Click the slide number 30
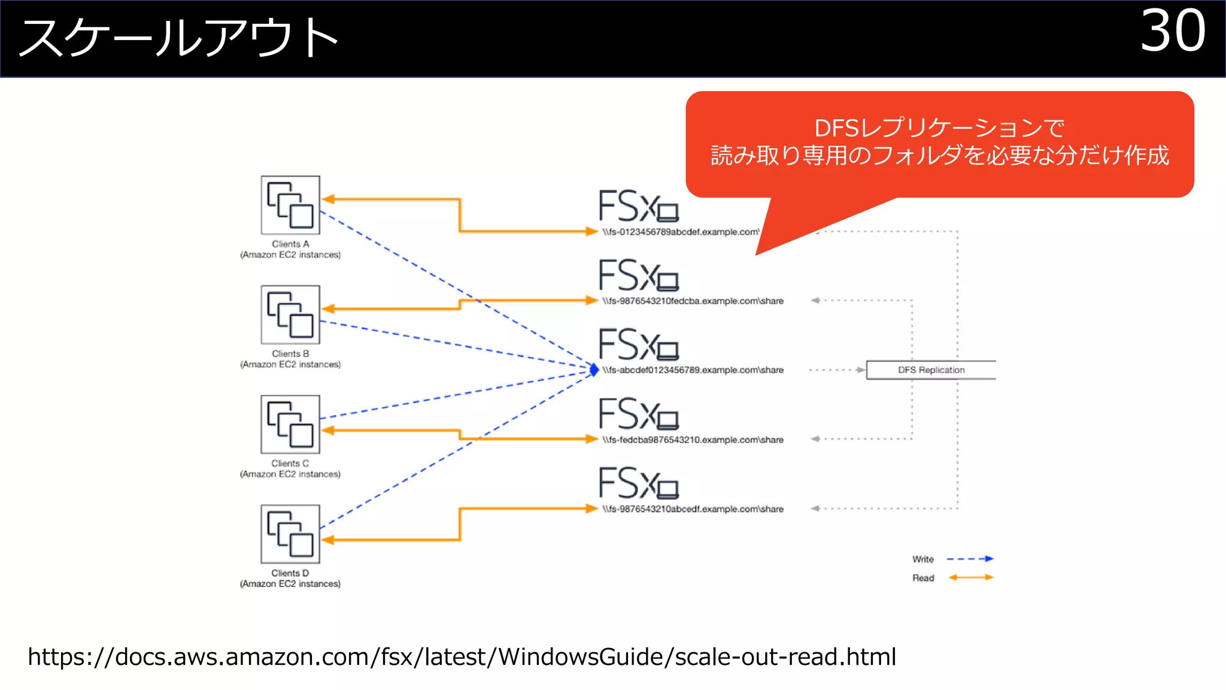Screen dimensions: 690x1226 click(x=1172, y=31)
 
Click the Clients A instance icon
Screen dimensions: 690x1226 click(x=290, y=205)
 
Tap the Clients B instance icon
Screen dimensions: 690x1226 click(x=290, y=314)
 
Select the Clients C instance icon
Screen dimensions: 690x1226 click(x=290, y=424)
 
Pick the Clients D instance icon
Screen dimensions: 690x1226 click(x=290, y=534)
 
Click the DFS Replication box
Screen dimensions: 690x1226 click(x=931, y=370)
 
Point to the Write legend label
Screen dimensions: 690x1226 click(x=922, y=559)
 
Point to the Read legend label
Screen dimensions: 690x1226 click(x=922, y=578)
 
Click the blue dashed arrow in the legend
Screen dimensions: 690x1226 click(x=970, y=559)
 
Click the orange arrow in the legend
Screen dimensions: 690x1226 click(x=970, y=577)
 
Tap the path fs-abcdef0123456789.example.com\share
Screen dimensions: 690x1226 click(x=693, y=370)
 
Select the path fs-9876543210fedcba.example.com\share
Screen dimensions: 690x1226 click(x=693, y=301)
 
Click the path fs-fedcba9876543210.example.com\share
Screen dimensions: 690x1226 click(x=693, y=440)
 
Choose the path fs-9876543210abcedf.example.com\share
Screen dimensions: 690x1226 click(x=693, y=509)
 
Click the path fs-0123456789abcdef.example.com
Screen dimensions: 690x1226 click(x=680, y=232)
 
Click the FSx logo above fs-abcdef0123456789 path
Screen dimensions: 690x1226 click(x=638, y=344)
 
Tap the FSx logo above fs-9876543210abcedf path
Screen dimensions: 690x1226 click(x=638, y=483)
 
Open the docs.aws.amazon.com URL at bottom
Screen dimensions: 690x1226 click(x=462, y=657)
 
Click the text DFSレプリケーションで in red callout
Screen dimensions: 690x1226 click(x=939, y=128)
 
